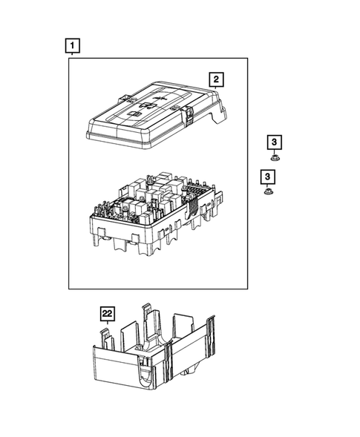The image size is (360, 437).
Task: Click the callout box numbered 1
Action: point(71,47)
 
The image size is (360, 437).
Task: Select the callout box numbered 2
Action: point(215,79)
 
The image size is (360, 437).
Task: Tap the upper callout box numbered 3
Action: point(275,142)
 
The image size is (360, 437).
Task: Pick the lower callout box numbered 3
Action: point(266,177)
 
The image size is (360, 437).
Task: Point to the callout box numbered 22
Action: point(108,314)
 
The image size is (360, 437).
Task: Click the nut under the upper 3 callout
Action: point(275,158)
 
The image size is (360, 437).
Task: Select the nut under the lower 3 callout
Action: point(266,193)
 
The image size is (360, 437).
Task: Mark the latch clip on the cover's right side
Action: point(190,114)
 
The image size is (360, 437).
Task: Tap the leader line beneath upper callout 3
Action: point(275,151)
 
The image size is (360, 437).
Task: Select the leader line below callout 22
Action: point(108,323)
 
